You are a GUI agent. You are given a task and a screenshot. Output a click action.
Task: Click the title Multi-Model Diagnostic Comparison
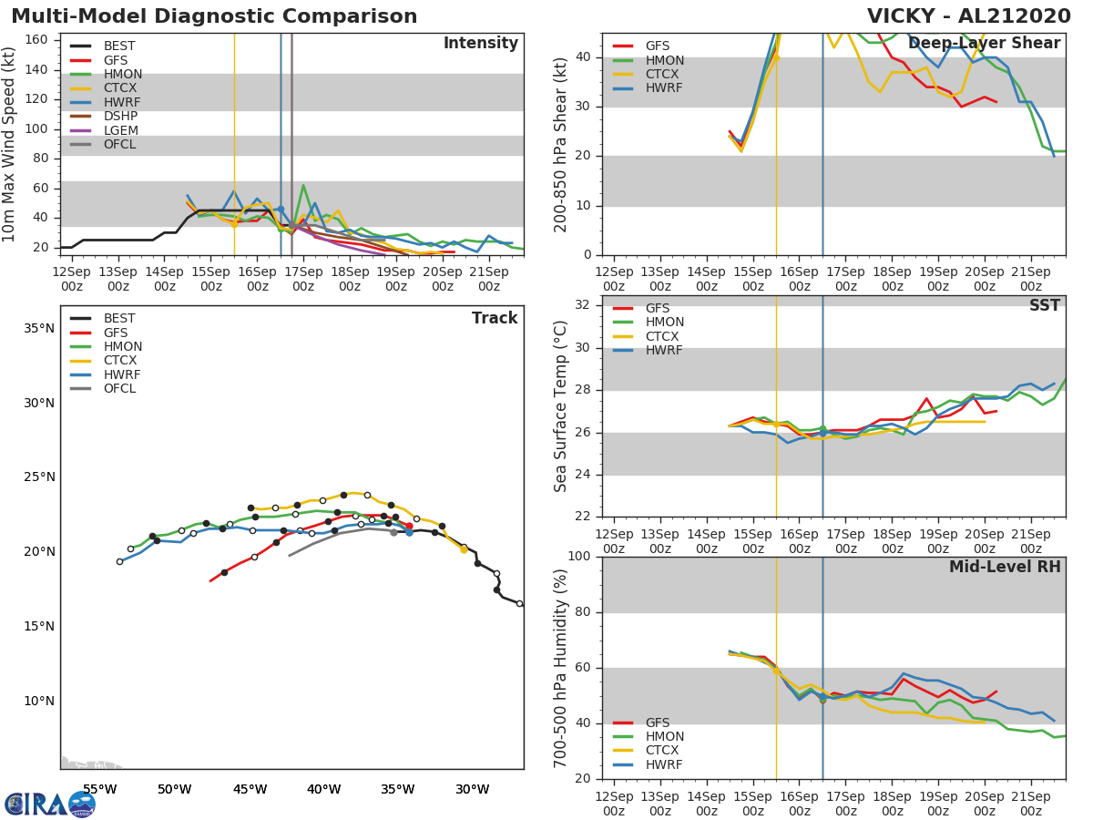point(214,16)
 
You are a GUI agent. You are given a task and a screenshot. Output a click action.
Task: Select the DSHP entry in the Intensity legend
point(120,116)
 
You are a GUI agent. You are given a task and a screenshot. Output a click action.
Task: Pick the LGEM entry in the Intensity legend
point(120,130)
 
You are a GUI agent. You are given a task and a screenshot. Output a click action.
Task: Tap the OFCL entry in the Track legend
point(119,389)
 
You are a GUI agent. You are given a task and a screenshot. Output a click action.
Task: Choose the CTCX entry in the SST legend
point(664,336)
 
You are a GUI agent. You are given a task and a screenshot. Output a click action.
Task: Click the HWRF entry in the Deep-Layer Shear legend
point(664,88)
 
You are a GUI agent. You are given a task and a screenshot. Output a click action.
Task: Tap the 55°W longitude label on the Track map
point(99,789)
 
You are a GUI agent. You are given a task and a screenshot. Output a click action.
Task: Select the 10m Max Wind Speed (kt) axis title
point(10,144)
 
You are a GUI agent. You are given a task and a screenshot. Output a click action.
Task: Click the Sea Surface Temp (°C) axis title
point(561,406)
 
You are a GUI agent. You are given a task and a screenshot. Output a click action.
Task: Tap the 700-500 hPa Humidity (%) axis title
point(561,668)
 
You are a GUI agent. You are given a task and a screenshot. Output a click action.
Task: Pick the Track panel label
point(495,318)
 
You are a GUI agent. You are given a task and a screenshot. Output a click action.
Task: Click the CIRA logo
point(50,804)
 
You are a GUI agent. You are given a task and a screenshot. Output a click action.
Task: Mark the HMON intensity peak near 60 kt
point(303,186)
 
